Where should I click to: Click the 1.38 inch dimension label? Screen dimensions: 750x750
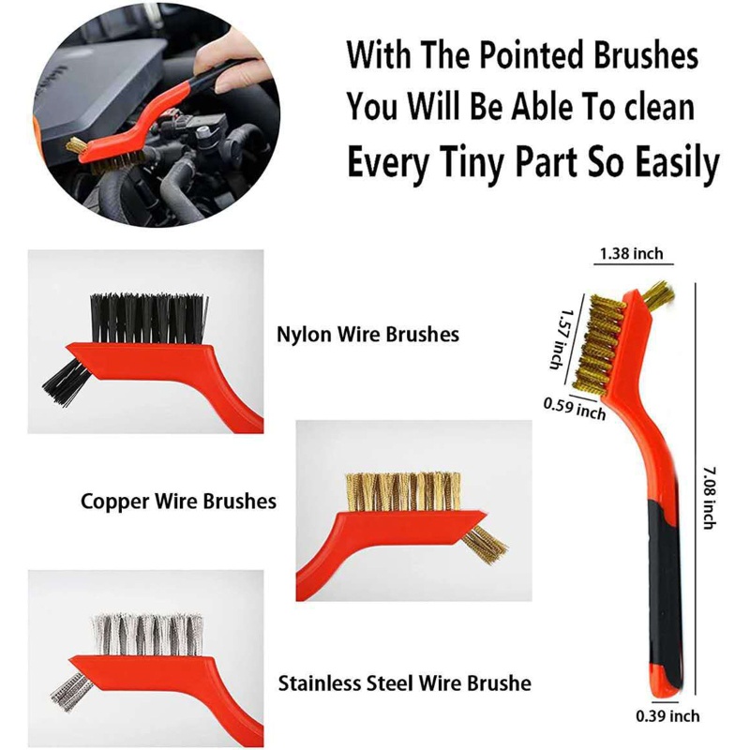point(630,253)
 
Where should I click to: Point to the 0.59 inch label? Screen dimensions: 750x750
point(574,407)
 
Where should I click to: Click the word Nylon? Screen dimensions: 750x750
point(303,333)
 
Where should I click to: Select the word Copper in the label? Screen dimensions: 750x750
point(113,501)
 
